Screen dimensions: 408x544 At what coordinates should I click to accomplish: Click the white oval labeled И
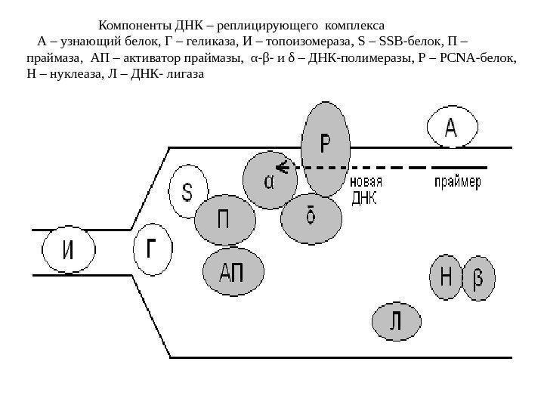point(68,252)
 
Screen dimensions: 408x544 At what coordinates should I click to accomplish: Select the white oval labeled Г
point(153,248)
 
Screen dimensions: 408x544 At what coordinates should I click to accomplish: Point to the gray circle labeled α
point(270,182)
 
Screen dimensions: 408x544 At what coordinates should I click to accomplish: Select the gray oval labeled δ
point(310,217)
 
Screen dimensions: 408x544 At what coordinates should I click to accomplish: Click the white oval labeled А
point(451,128)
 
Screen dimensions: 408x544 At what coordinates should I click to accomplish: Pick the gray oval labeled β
point(478,279)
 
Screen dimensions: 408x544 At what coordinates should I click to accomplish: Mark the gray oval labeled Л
point(395,322)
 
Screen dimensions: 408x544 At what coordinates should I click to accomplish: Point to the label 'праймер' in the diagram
point(457,182)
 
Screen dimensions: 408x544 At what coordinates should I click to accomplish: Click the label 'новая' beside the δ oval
point(366,182)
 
